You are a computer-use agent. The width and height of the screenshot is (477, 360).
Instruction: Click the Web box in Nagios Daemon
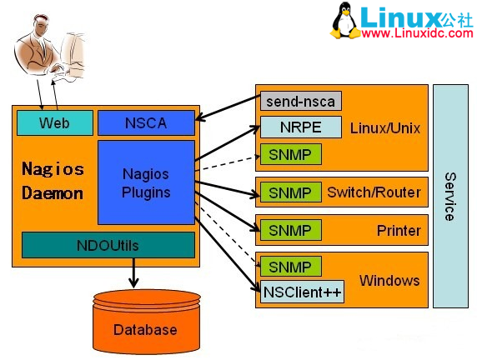[x=54, y=123]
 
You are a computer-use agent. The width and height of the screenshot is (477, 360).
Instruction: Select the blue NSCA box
[x=146, y=123]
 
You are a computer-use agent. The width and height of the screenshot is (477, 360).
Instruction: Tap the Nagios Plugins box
[x=146, y=183]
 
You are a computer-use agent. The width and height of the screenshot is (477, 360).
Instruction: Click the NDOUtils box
[x=108, y=245]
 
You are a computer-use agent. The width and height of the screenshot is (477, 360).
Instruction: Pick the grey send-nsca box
[x=300, y=102]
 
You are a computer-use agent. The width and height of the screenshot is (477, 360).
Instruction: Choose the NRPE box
[x=300, y=128]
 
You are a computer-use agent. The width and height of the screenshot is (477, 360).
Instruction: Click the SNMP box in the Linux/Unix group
[x=290, y=154]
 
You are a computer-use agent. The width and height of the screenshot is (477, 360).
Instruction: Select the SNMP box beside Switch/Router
[x=290, y=192]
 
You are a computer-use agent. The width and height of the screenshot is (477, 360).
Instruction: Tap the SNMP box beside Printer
[x=290, y=229]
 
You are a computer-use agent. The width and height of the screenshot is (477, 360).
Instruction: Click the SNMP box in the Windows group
[x=290, y=267]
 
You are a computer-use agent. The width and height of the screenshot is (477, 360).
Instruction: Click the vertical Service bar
[x=449, y=196]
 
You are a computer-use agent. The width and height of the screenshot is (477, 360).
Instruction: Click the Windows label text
[x=389, y=280]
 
